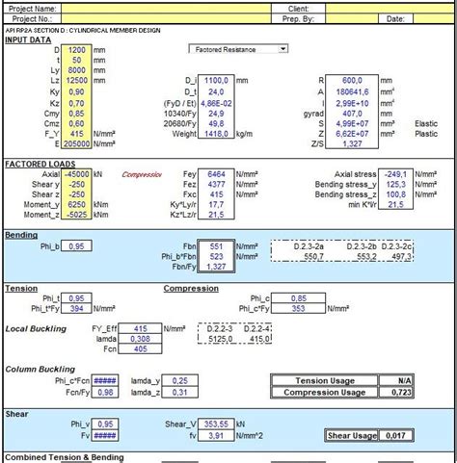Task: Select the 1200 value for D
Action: click(x=78, y=48)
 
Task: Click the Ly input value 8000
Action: click(x=78, y=70)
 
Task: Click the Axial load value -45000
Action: click(x=77, y=174)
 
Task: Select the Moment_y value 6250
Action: click(x=78, y=204)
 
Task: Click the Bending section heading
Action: click(x=21, y=235)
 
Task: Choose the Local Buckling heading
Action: click(x=32, y=329)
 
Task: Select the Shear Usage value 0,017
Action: click(x=395, y=437)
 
